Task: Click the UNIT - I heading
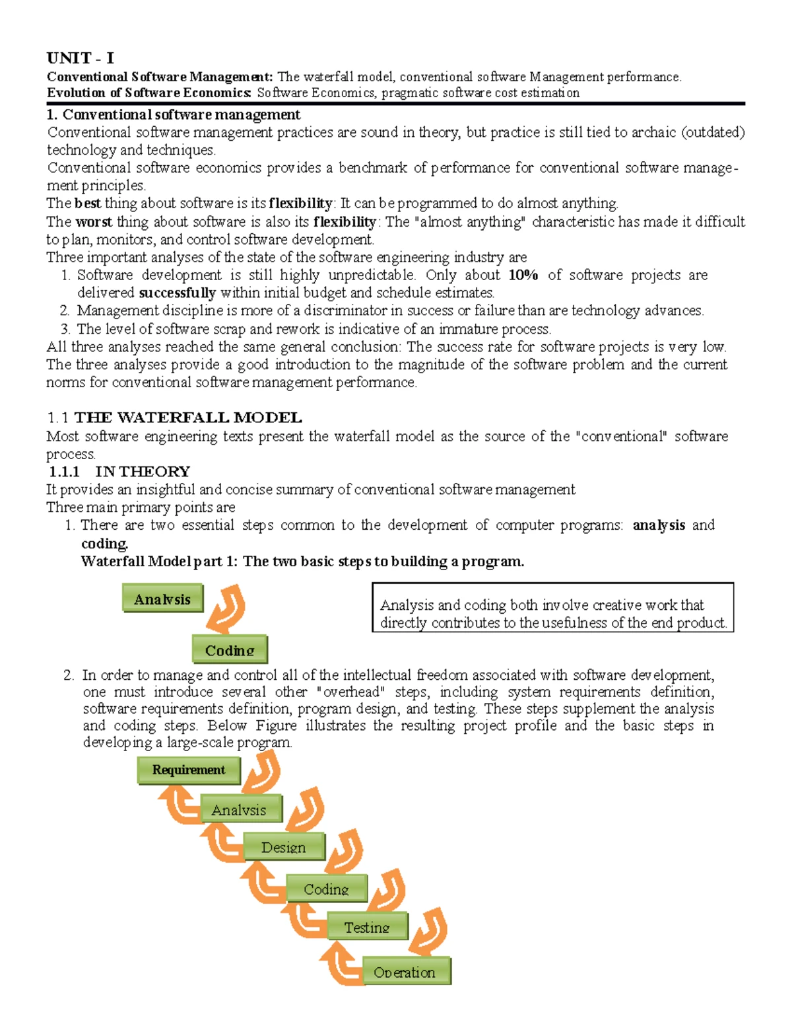(x=80, y=58)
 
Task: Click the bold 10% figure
(x=523, y=275)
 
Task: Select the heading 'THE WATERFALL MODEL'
(x=188, y=418)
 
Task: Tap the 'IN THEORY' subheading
(x=142, y=471)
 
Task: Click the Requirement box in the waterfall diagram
(x=189, y=770)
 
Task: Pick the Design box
(x=284, y=847)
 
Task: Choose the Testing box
(x=367, y=927)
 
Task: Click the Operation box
(x=405, y=972)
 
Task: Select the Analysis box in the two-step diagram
(x=162, y=599)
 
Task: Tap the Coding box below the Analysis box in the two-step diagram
(x=230, y=649)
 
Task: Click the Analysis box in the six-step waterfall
(x=240, y=809)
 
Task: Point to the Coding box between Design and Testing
(x=326, y=889)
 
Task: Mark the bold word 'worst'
(x=94, y=221)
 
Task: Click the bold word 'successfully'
(x=178, y=293)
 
